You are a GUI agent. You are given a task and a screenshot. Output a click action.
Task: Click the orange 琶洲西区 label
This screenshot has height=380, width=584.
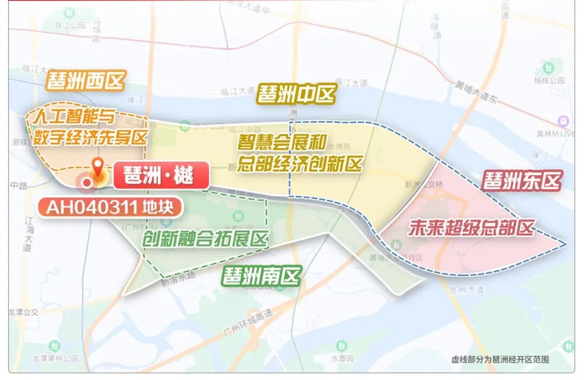[86, 82]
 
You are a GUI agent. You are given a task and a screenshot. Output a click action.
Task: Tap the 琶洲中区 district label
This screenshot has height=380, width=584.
[296, 94]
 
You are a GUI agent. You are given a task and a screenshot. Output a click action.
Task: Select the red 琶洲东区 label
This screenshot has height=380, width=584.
[522, 181]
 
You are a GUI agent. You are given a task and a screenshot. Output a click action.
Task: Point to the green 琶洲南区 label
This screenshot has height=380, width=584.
[261, 277]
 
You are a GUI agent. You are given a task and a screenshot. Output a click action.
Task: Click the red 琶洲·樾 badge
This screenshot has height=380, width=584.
[161, 175]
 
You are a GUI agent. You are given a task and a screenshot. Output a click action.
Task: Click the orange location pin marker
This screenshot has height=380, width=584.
[98, 169]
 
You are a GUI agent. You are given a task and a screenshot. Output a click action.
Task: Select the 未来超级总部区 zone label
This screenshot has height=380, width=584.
[471, 228]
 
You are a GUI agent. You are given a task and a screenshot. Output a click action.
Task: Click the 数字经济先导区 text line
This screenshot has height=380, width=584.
[90, 137]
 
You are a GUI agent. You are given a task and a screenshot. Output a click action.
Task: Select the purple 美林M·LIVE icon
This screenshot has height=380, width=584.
[565, 122]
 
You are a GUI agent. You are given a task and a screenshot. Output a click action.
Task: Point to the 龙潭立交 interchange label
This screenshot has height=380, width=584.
[23, 312]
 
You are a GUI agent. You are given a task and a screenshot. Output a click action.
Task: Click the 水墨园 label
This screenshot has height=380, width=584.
[342, 358]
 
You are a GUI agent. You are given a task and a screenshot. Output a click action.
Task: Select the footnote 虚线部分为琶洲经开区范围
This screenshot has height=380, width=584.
[500, 359]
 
